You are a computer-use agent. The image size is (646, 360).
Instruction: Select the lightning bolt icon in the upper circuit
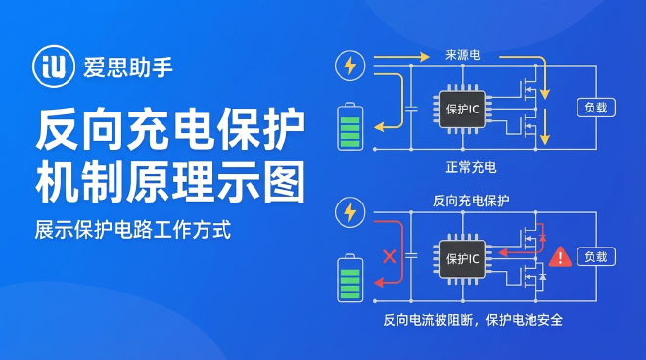click(349, 66)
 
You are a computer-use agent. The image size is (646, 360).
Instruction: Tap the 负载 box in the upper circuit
click(595, 107)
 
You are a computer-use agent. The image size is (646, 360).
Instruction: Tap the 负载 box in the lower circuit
click(595, 256)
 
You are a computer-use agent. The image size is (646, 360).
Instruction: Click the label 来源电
click(462, 55)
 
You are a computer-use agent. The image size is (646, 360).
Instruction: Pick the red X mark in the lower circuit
click(389, 257)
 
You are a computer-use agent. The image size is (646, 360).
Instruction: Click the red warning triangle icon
click(560, 256)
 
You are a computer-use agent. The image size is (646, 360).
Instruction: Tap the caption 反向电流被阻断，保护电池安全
click(473, 320)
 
